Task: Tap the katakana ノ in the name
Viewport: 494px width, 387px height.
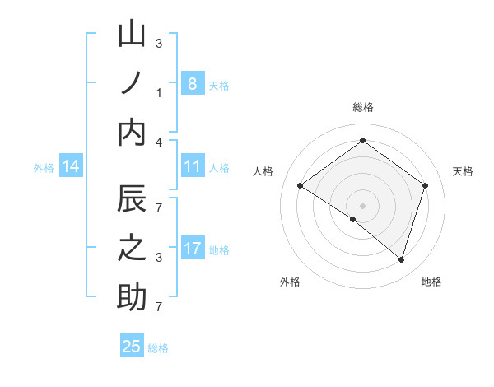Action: pyautogui.click(x=132, y=84)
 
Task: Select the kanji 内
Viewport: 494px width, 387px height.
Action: pyautogui.click(x=132, y=132)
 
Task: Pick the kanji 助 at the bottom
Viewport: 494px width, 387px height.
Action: pyautogui.click(x=132, y=297)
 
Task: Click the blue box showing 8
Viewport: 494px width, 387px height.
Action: pyautogui.click(x=192, y=83)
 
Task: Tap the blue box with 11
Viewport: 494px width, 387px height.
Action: pyautogui.click(x=192, y=167)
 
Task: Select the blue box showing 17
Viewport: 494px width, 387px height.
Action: pyautogui.click(x=192, y=249)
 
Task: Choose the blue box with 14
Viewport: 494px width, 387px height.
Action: pyautogui.click(x=71, y=167)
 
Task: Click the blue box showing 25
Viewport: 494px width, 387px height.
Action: pyautogui.click(x=132, y=347)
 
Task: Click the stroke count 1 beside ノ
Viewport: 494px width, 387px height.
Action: pyautogui.click(x=159, y=93)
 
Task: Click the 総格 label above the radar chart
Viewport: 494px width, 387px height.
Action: pyautogui.click(x=362, y=107)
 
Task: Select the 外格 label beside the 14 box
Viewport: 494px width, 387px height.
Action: pyautogui.click(x=44, y=168)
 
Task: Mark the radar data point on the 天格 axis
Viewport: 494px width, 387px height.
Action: pyautogui.click(x=425, y=185)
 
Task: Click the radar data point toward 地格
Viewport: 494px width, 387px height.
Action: pyautogui.click(x=401, y=259)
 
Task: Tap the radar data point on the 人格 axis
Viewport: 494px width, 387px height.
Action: pyautogui.click(x=301, y=185)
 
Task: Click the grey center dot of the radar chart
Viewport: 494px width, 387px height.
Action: pyautogui.click(x=362, y=205)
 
